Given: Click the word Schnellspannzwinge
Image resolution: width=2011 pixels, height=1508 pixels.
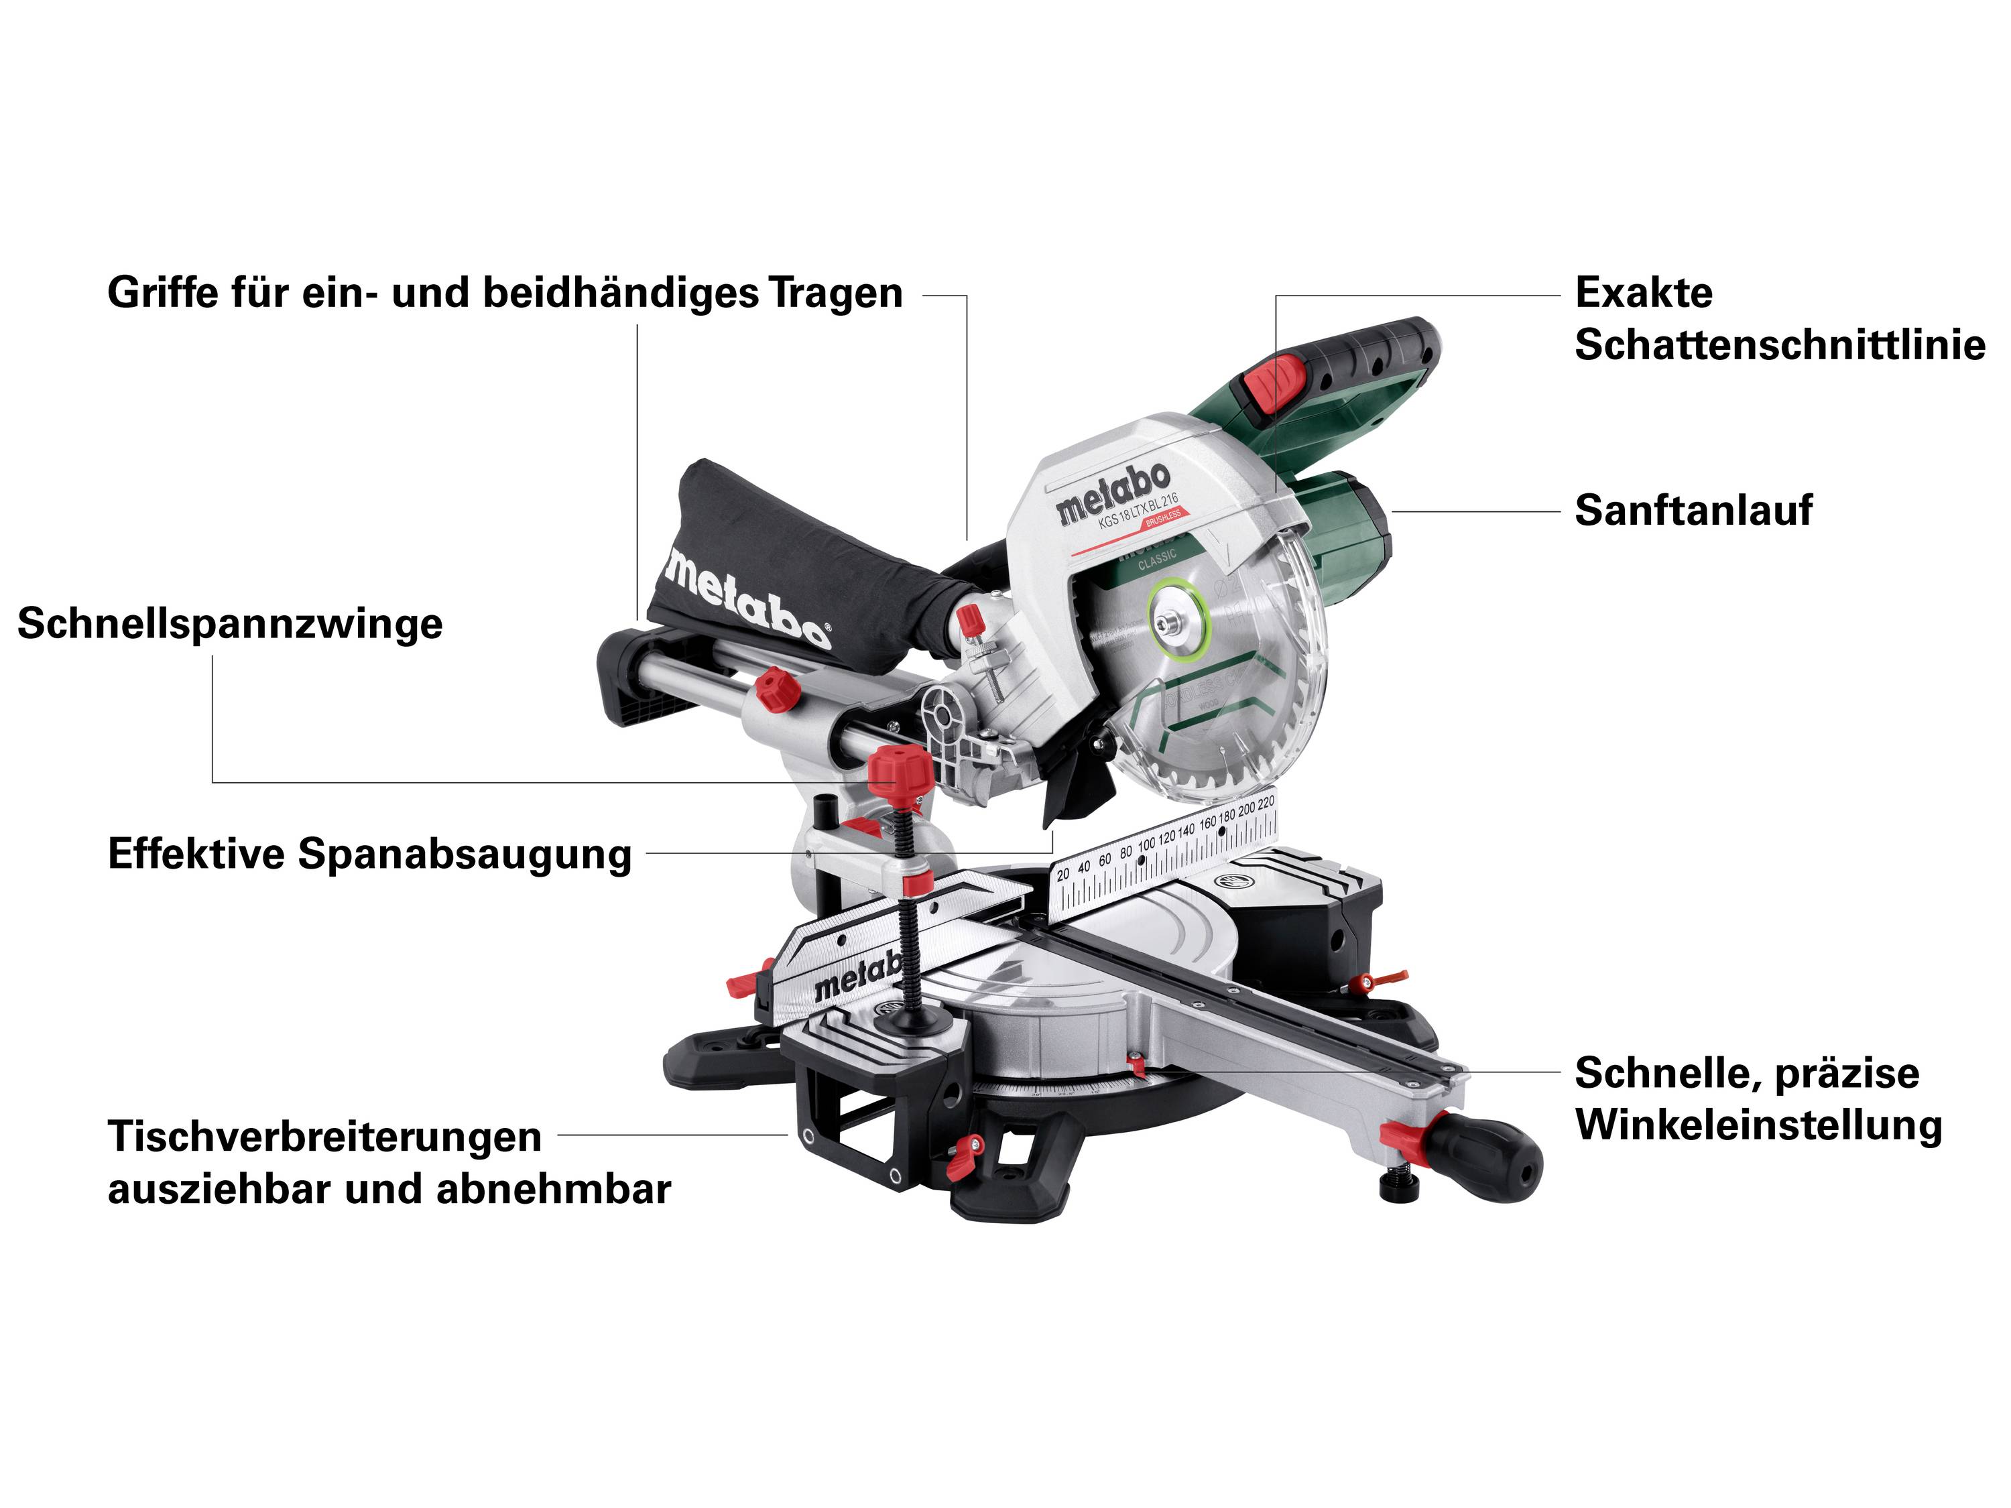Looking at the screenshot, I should tap(230, 625).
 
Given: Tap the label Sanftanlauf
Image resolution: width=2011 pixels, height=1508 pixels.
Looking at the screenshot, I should tap(1693, 510).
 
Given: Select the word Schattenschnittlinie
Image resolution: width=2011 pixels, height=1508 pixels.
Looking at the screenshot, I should tap(1779, 345).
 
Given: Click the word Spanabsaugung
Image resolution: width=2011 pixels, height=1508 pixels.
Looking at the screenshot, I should tap(465, 855).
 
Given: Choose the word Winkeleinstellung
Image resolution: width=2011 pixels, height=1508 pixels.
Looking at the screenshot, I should tap(1758, 1125).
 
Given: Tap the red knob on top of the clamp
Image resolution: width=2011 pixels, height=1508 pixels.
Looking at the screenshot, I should tap(899, 771).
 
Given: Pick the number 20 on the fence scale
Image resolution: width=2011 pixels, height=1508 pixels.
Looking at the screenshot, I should tap(1062, 875).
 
